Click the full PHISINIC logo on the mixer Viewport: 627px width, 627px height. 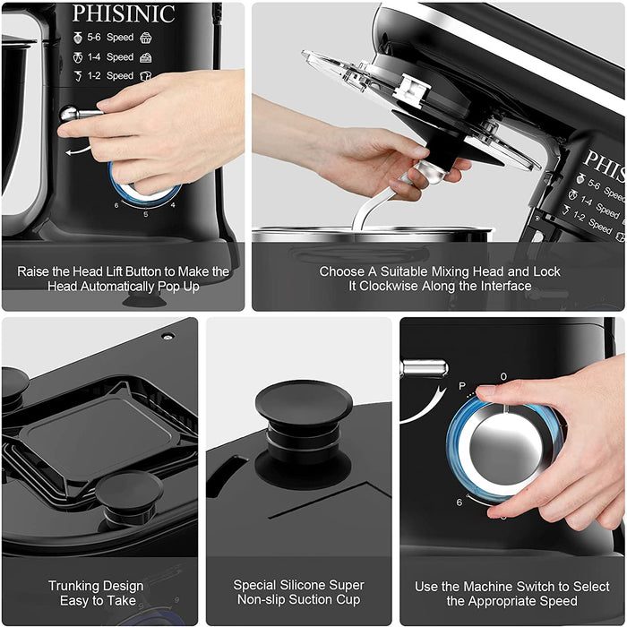[124, 13]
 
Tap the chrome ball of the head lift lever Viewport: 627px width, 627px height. [69, 114]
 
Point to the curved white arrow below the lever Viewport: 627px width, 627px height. [79, 150]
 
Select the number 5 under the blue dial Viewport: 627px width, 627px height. [146, 214]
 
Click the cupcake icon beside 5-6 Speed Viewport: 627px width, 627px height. [146, 38]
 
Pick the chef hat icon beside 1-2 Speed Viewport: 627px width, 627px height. [145, 76]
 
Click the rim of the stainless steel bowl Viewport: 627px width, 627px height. [372, 231]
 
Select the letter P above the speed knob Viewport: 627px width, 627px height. [462, 386]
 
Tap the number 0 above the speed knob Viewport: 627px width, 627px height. [503, 376]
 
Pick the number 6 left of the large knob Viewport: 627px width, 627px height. [460, 502]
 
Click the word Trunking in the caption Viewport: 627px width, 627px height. [96, 586]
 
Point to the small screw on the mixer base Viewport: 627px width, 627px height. [168, 336]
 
